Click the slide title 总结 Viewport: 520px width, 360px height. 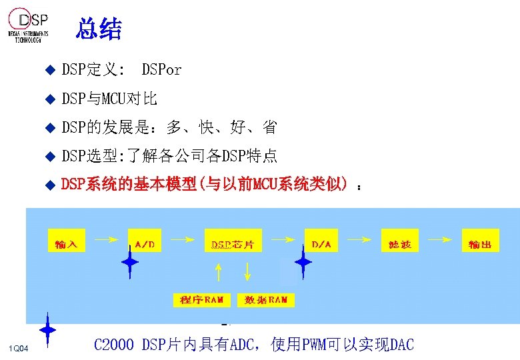(99, 29)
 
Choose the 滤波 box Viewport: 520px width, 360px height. (400, 243)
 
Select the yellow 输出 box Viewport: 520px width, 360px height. (479, 243)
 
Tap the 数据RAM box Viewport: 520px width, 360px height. (266, 300)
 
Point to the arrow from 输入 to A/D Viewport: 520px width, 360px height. (105, 237)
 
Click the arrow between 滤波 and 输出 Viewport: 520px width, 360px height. (440, 237)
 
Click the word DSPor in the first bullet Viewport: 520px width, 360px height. (161, 69)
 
